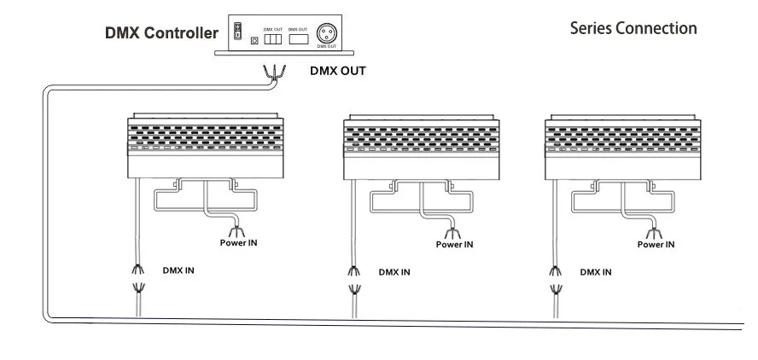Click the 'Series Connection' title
coord(633,28)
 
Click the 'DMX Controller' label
coord(161,34)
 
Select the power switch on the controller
coord(239,32)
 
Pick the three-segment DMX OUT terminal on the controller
coord(274,38)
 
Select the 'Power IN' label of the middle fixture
coord(454,244)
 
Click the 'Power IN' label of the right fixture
coord(656,244)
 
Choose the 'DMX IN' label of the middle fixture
coord(394,273)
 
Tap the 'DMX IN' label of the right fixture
coord(595,273)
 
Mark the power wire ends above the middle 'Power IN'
coord(452,229)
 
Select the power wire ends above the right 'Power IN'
coord(654,229)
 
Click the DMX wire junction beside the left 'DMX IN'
coord(136,282)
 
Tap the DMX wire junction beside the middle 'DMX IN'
coord(352,282)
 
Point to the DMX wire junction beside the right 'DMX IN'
coord(553,282)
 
